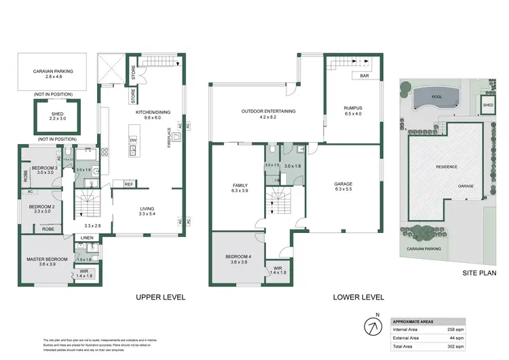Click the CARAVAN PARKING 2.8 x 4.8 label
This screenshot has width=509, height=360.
click(53, 73)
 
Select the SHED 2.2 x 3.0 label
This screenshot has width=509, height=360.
click(56, 117)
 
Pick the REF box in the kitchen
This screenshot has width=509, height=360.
click(128, 183)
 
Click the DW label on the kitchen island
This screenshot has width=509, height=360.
click(132, 141)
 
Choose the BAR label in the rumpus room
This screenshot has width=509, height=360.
click(364, 76)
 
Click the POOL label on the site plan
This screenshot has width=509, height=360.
click(436, 97)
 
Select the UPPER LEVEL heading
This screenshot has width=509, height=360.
click(160, 297)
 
